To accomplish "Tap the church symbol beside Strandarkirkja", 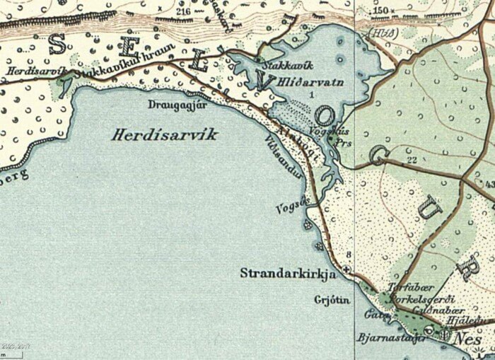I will coord(346,270).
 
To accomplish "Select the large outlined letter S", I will coord(57,45).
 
